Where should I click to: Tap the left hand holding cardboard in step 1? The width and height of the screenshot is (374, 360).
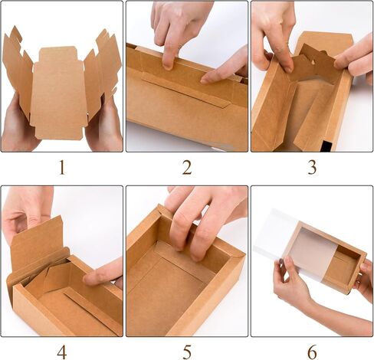[x=17, y=126]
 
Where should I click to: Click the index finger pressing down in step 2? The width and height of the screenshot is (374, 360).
[x=166, y=50]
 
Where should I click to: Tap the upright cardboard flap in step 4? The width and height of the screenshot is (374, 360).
[x=38, y=241]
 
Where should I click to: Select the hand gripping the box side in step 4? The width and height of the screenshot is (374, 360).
[x=103, y=272]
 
